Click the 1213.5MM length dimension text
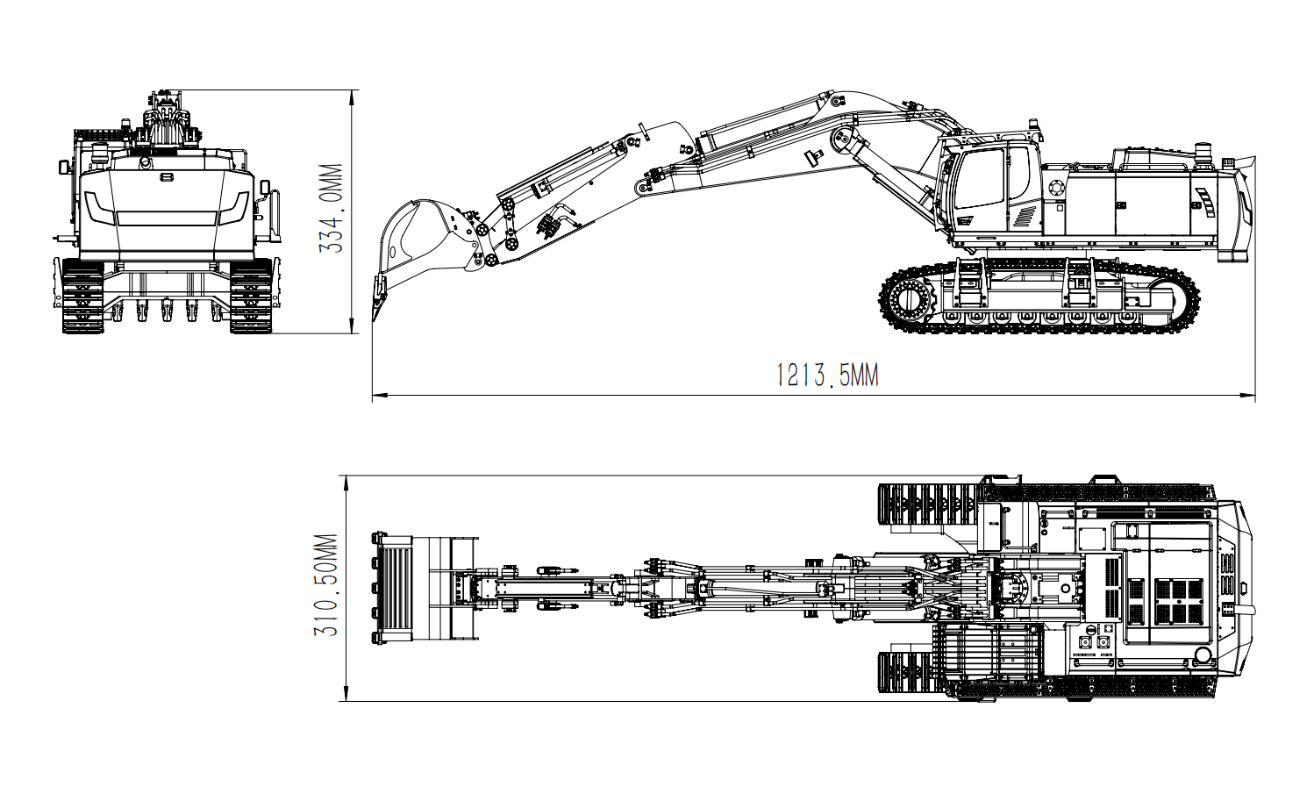click(x=827, y=376)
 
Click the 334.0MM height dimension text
click(x=331, y=209)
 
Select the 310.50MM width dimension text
click(x=326, y=585)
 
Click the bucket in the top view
click(x=395, y=587)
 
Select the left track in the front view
click(x=82, y=296)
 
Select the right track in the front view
click(x=250, y=296)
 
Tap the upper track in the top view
click(x=928, y=506)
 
